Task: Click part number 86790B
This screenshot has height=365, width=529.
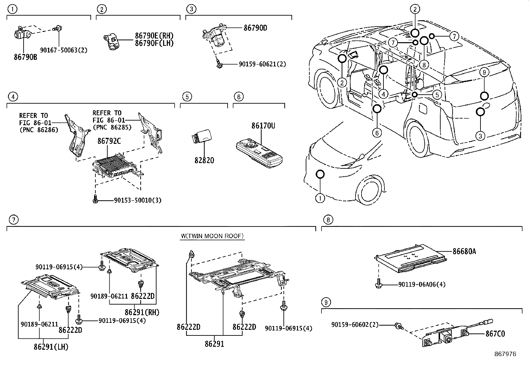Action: click(25, 57)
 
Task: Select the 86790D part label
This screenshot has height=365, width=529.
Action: click(255, 28)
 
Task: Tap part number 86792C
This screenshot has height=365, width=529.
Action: click(109, 141)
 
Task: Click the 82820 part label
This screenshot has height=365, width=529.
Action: click(204, 160)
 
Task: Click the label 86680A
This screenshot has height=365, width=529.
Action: click(464, 251)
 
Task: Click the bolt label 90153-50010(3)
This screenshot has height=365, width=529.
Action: click(138, 200)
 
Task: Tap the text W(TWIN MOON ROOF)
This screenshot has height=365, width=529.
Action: click(212, 236)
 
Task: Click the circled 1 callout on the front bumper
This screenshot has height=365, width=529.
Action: click(320, 199)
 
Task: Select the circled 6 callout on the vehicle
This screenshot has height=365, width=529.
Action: click(377, 133)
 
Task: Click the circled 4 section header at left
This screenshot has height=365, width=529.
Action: click(13, 97)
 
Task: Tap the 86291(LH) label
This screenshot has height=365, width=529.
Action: click(51, 347)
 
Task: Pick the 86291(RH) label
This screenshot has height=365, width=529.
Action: click(142, 313)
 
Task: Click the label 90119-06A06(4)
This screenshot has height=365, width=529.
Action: click(422, 284)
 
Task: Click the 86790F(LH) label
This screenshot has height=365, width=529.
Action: click(154, 43)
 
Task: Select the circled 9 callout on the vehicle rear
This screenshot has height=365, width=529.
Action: click(484, 72)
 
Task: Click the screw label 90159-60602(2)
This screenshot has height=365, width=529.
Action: click(355, 324)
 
